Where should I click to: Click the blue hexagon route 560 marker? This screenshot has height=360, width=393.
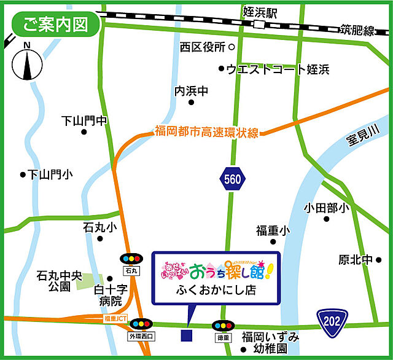coord(233,179)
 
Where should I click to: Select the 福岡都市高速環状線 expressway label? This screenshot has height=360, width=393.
coord(207,131)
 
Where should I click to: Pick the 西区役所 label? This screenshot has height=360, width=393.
coord(203,47)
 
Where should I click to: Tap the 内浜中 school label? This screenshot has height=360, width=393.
coord(192,91)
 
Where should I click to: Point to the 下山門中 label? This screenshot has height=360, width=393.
coord(85,120)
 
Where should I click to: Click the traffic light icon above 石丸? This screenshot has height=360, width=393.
coord(131,259)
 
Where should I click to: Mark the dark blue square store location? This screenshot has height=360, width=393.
coord(187,335)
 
